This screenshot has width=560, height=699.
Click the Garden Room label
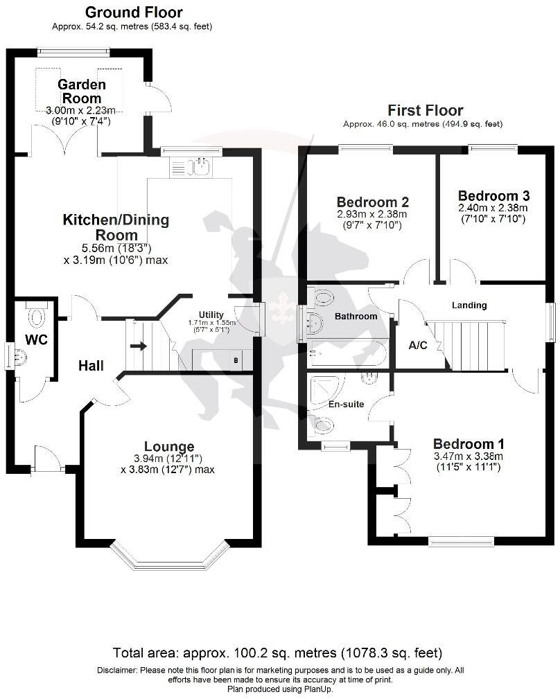pos(82,91)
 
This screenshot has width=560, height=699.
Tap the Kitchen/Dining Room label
pos(116,228)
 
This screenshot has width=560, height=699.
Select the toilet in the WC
pos(36,317)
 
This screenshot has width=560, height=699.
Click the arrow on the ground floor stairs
pos(139,346)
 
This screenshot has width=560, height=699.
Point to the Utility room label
pos(211,315)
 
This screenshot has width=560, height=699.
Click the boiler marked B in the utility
pos(236,361)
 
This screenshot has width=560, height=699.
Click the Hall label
pos(91,365)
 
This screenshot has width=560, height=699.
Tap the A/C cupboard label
pos(418,346)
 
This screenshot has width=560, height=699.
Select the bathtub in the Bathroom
pos(347,354)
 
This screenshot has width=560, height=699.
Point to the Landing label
pos(469,305)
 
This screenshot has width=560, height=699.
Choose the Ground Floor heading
pos(133,12)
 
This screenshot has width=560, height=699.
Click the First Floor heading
pos(425,110)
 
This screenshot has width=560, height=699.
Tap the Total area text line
pos(277,653)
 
